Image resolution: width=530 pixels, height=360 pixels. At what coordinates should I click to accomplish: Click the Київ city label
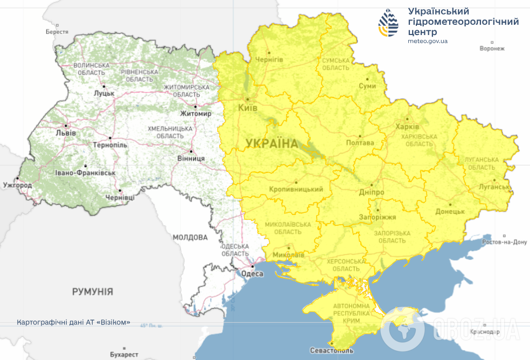tap(248, 108)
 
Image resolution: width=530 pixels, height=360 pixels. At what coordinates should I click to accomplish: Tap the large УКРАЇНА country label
tap(271, 143)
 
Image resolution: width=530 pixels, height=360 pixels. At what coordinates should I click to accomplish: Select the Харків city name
tap(407, 127)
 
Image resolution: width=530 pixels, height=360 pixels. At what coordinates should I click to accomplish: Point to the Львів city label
tap(66, 133)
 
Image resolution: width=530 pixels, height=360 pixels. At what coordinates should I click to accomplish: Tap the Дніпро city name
tap(371, 192)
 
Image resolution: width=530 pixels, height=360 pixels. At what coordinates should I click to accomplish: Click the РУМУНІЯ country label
tap(93, 292)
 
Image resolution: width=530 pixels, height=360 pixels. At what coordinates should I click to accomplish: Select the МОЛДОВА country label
tap(190, 237)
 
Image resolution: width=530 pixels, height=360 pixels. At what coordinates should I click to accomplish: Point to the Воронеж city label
tap(492, 49)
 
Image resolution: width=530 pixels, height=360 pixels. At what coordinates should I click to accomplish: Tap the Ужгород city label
tap(17, 185)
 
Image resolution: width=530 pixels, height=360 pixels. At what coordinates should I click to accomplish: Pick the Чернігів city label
tap(269, 59)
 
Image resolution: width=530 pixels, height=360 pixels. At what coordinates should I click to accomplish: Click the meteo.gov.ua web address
tap(427, 41)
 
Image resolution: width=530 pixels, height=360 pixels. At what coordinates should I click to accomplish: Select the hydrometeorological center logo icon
tap(389, 23)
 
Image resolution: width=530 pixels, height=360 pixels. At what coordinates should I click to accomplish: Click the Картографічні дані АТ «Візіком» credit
tap(74, 322)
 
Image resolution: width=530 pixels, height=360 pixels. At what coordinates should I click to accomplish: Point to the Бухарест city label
tap(124, 355)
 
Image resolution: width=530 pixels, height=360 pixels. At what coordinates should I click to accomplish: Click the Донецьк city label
tap(450, 211)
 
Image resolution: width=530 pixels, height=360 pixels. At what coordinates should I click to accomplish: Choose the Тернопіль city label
tap(110, 146)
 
